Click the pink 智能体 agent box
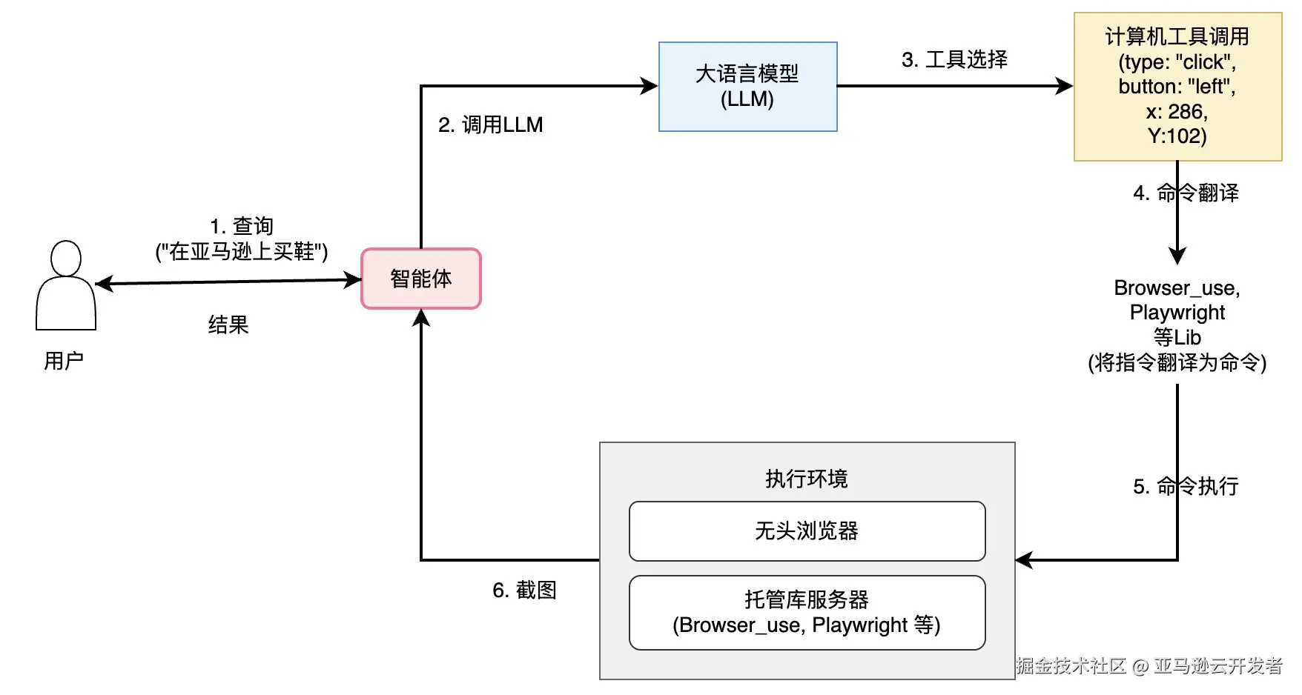coord(421,279)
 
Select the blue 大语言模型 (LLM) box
coord(747,87)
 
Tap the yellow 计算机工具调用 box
coord(1177,87)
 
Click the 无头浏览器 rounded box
coord(807,531)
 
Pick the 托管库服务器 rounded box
coord(807,613)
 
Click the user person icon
coord(66,285)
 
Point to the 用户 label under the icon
coord(64,361)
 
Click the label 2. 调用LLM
coord(491,124)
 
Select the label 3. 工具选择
coord(954,59)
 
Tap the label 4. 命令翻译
coord(1186,193)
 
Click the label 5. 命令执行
coord(1186,486)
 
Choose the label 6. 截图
coord(524,590)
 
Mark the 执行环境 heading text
coord(807,479)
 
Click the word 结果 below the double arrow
coord(228,325)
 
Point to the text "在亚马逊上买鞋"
coord(242,252)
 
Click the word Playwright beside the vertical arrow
coord(1177,313)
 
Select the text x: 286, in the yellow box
coord(1177,112)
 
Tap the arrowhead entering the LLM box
coord(650,87)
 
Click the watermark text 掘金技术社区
coord(1071,665)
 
